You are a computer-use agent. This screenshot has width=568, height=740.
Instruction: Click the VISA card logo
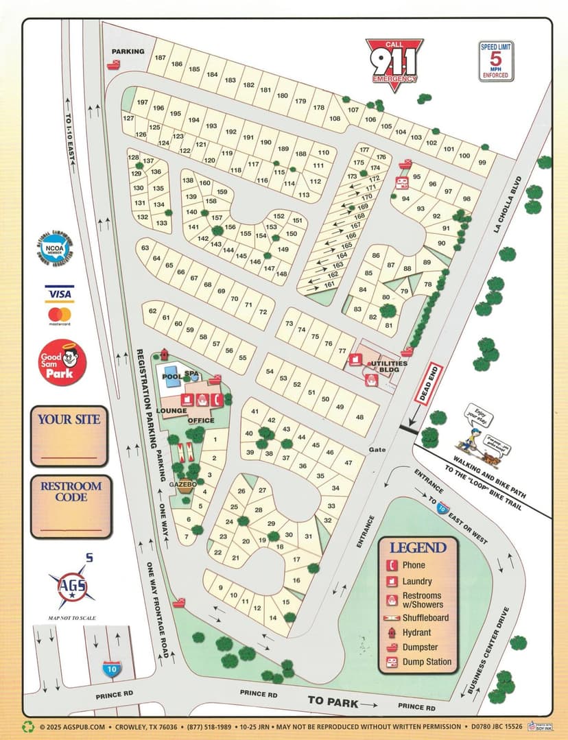59,294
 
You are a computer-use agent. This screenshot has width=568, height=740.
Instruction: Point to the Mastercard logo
60,315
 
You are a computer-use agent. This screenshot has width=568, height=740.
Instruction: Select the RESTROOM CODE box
71,506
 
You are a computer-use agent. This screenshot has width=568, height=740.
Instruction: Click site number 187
160,58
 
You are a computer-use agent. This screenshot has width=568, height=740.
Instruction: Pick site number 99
482,163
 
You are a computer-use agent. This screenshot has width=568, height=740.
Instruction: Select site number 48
359,417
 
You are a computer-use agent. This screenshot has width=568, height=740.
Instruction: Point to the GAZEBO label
182,484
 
